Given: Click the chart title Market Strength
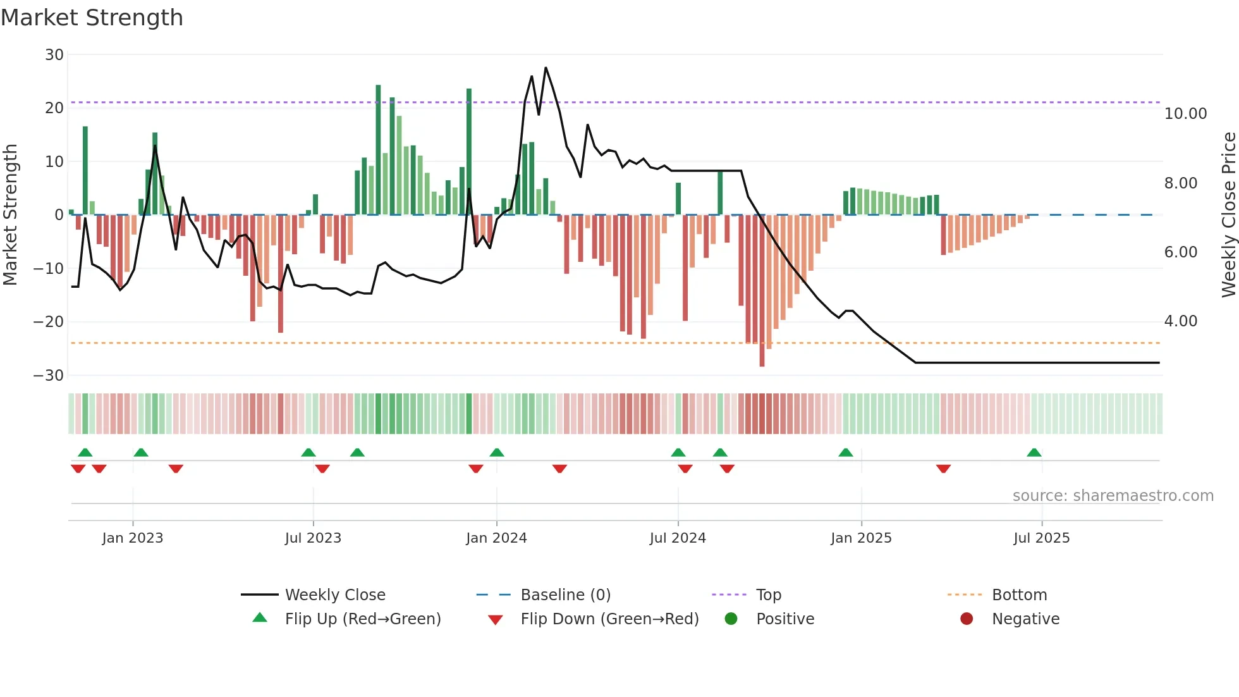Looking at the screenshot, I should [92, 18].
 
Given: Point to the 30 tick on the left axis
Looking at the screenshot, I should [54, 55].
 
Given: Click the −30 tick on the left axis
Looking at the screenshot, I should [49, 376].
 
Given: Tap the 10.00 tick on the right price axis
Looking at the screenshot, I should [1185, 114].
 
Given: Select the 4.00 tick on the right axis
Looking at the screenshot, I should [1180, 321].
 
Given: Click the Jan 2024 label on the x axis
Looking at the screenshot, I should [496, 538].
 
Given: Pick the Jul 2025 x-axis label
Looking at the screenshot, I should [1041, 538].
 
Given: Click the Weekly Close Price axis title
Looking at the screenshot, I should [1228, 215].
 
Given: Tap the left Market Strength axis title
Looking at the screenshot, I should [11, 215].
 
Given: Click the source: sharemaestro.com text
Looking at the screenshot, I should [1113, 496].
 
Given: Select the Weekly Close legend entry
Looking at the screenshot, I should [334, 595].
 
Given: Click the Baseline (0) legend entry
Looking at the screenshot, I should [565, 595].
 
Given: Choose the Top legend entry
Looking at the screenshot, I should [768, 595].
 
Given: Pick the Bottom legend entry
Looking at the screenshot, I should [1019, 595].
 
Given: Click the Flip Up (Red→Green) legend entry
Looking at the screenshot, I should [362, 619].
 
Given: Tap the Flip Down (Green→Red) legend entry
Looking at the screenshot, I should [609, 619].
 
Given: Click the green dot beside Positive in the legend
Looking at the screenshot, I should [731, 619].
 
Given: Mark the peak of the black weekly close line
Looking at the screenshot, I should [546, 68].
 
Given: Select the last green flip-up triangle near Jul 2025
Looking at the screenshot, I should [1034, 453].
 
